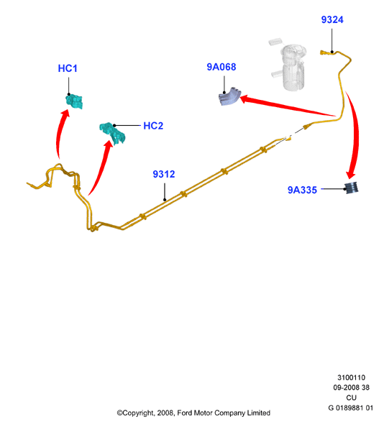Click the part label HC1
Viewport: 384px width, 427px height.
tap(68, 68)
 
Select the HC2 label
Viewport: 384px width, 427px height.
tap(153, 126)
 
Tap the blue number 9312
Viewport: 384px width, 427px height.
tap(164, 174)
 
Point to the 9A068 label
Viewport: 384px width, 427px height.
tap(221, 67)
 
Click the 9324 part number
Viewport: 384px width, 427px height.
tap(332, 19)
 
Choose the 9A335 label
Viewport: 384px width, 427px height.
tap(302, 190)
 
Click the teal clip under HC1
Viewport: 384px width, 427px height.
tap(74, 101)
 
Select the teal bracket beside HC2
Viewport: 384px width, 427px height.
tap(112, 134)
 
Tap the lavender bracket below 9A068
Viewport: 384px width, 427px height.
tap(230, 96)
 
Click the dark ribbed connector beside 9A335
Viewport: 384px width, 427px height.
tap(352, 188)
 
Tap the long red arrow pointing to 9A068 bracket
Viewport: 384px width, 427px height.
tap(288, 106)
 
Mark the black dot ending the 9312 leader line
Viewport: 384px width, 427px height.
tap(165, 200)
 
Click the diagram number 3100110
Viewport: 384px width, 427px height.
tap(351, 377)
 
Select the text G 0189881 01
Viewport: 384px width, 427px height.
tap(350, 408)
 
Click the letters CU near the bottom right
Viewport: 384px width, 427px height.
tap(352, 398)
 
